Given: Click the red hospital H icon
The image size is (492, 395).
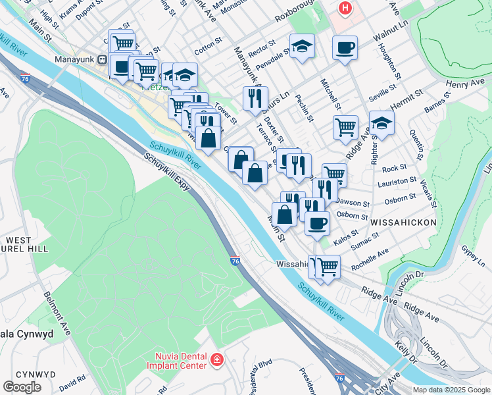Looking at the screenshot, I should pos(344,9).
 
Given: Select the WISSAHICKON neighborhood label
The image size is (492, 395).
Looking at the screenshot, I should pos(403,223).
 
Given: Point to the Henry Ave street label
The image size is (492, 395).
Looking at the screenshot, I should pos(464,83).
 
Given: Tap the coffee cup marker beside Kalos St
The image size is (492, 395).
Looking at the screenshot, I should pos(317,222).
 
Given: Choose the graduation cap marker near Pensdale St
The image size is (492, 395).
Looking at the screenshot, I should pos(302,45).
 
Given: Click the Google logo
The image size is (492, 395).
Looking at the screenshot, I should pos(22,386).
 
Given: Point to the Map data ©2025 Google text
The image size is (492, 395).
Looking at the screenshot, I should pos(450,390).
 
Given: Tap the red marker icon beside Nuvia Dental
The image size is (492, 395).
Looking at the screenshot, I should pos(217,360).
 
